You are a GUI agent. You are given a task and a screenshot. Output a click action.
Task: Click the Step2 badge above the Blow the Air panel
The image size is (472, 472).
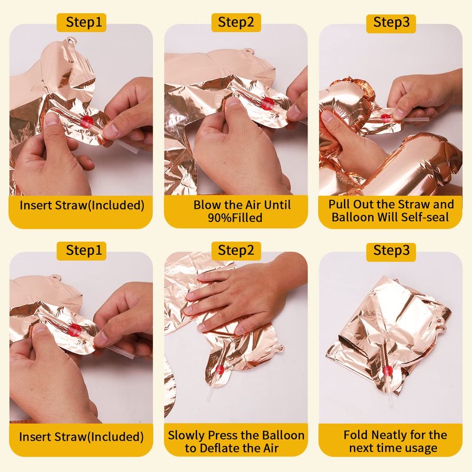(x=236, y=22)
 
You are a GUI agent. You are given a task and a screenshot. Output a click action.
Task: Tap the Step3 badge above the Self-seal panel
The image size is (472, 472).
(x=391, y=23)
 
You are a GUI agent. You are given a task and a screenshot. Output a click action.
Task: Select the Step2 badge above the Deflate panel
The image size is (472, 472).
(x=236, y=251)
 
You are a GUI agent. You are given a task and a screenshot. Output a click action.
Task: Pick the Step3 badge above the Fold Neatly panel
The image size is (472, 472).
(x=391, y=251)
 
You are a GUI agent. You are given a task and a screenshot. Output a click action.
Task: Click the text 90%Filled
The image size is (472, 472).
(x=235, y=218)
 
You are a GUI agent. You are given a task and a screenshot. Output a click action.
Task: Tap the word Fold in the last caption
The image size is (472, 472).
(x=356, y=435)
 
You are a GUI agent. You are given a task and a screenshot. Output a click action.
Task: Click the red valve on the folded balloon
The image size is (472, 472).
(x=388, y=371)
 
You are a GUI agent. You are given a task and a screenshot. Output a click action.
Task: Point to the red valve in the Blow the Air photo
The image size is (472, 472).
(x=267, y=103)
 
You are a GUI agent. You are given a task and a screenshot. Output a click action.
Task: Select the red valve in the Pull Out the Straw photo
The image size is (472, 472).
(x=385, y=117)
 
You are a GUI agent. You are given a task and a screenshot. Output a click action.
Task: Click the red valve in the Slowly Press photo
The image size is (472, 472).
(x=220, y=370)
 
